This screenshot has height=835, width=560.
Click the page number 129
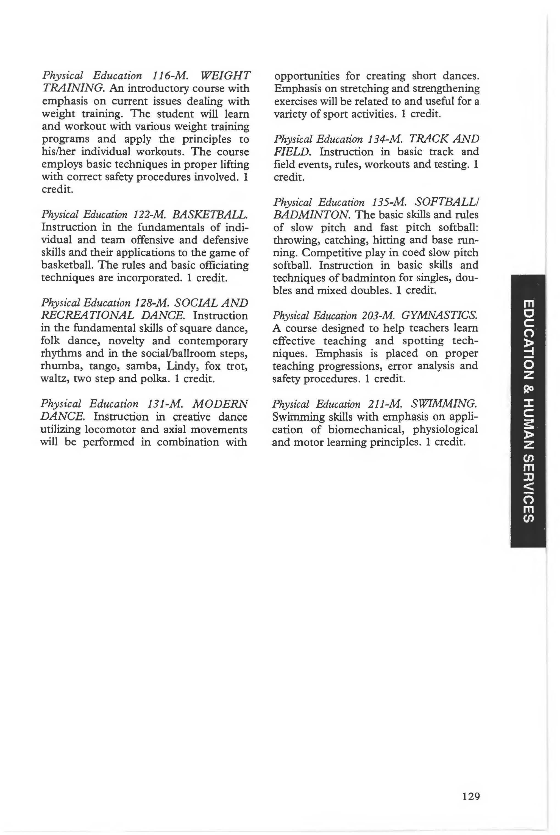(470, 797)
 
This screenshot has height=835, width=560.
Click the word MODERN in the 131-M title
(220, 404)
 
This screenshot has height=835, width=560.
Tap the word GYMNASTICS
(439, 316)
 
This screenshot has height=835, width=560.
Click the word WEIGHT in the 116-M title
(226, 76)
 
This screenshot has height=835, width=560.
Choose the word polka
(155, 378)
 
